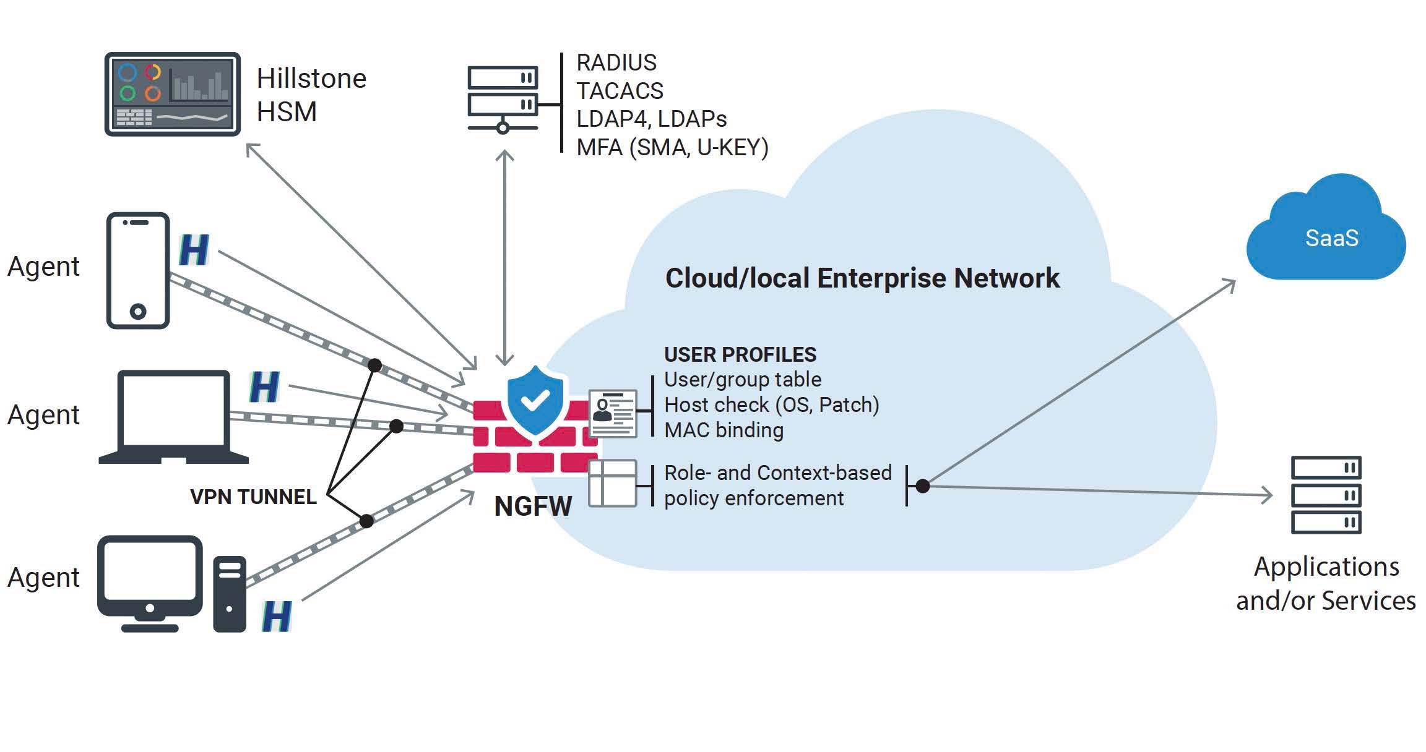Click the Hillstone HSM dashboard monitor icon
172,94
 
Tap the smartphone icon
138,270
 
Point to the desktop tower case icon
230,594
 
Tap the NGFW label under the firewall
533,506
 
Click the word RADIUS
616,62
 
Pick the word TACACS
620,91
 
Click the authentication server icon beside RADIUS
503,99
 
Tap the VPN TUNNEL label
253,497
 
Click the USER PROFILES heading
740,354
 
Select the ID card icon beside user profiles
613,413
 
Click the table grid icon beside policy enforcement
612,484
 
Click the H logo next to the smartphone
194,250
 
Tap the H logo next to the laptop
264,387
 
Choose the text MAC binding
724,430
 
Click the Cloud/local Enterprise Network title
862,278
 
